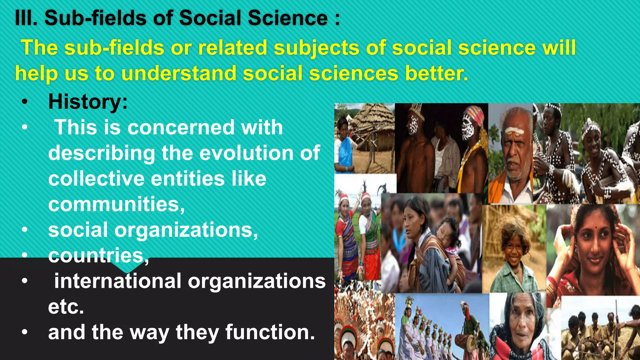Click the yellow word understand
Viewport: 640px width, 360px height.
[178, 73]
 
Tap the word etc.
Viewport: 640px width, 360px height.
[66, 307]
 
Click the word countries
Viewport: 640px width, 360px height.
[96, 256]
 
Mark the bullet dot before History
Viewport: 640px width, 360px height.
[25, 102]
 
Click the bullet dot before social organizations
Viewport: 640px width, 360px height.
[25, 230]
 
